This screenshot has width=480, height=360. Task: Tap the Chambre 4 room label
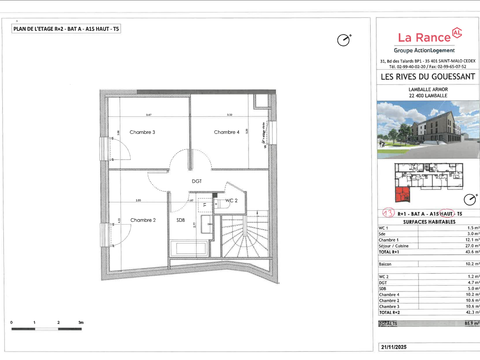click(x=226, y=132)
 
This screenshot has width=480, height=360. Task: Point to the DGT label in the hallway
click(x=197, y=181)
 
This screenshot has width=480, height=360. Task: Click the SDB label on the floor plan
click(x=181, y=220)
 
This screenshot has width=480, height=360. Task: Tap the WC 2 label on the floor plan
click(x=231, y=201)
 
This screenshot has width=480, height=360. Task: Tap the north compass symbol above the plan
click(x=345, y=40)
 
